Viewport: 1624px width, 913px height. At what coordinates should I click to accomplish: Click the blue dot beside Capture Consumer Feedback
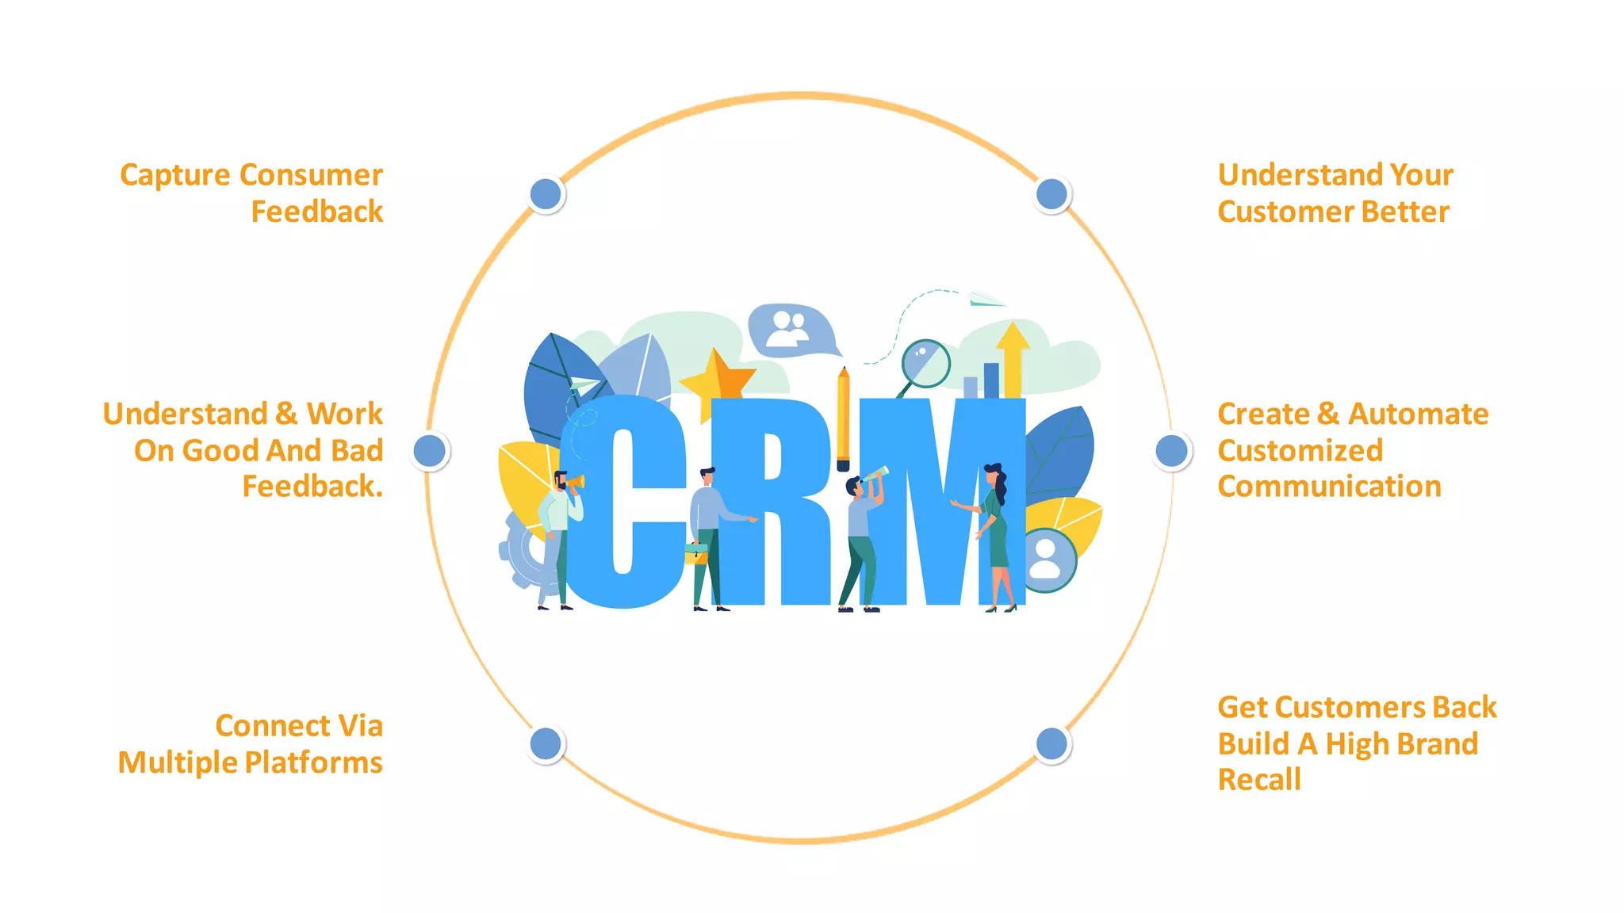(546, 194)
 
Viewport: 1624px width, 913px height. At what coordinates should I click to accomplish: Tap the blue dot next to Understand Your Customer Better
(1052, 194)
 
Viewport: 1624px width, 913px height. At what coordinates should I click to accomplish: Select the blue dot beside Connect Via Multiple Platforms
(546, 743)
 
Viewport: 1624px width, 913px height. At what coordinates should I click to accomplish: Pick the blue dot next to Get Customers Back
(1052, 743)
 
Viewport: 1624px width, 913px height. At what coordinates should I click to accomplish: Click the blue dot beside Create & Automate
(1172, 451)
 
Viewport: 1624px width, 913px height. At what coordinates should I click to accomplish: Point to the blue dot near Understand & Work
(430, 451)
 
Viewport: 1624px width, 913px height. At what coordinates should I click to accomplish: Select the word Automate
(1418, 414)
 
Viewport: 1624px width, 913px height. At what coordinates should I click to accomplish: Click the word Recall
(1259, 780)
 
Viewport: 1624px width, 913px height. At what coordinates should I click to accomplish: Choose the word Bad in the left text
(356, 450)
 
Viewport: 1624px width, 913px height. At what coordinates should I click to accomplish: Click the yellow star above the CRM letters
(716, 379)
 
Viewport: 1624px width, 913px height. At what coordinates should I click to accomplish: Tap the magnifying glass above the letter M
(925, 364)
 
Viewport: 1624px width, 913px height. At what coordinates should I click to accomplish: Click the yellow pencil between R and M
(843, 420)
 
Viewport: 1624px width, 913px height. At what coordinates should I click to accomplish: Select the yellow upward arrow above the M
(1013, 357)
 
